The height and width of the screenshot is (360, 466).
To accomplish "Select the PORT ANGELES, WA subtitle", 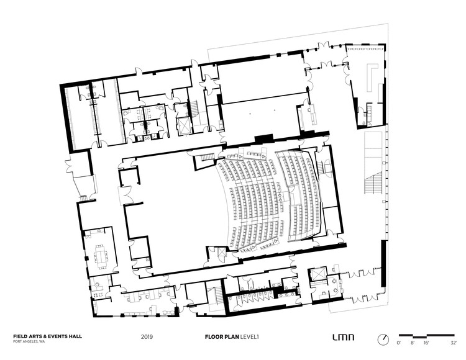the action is tap(29, 341).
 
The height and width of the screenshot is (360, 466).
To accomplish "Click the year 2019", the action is tap(147, 337).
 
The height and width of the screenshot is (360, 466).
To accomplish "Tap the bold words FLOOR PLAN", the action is tap(222, 337).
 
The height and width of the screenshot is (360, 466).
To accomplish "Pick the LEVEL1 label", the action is tap(250, 337).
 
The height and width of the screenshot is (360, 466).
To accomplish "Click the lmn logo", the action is tap(343, 337).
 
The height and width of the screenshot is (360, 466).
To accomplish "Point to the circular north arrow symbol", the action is tap(383, 340).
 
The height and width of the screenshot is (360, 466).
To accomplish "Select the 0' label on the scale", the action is tap(398, 343).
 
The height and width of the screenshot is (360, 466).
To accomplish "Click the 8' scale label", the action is tap(413, 343).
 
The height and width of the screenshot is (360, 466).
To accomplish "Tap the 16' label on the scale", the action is tap(426, 343).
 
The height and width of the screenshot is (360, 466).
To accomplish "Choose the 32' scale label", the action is tap(454, 343).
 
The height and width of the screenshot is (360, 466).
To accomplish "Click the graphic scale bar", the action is tap(426, 336).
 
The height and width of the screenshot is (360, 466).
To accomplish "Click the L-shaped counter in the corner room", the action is tap(372, 76).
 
